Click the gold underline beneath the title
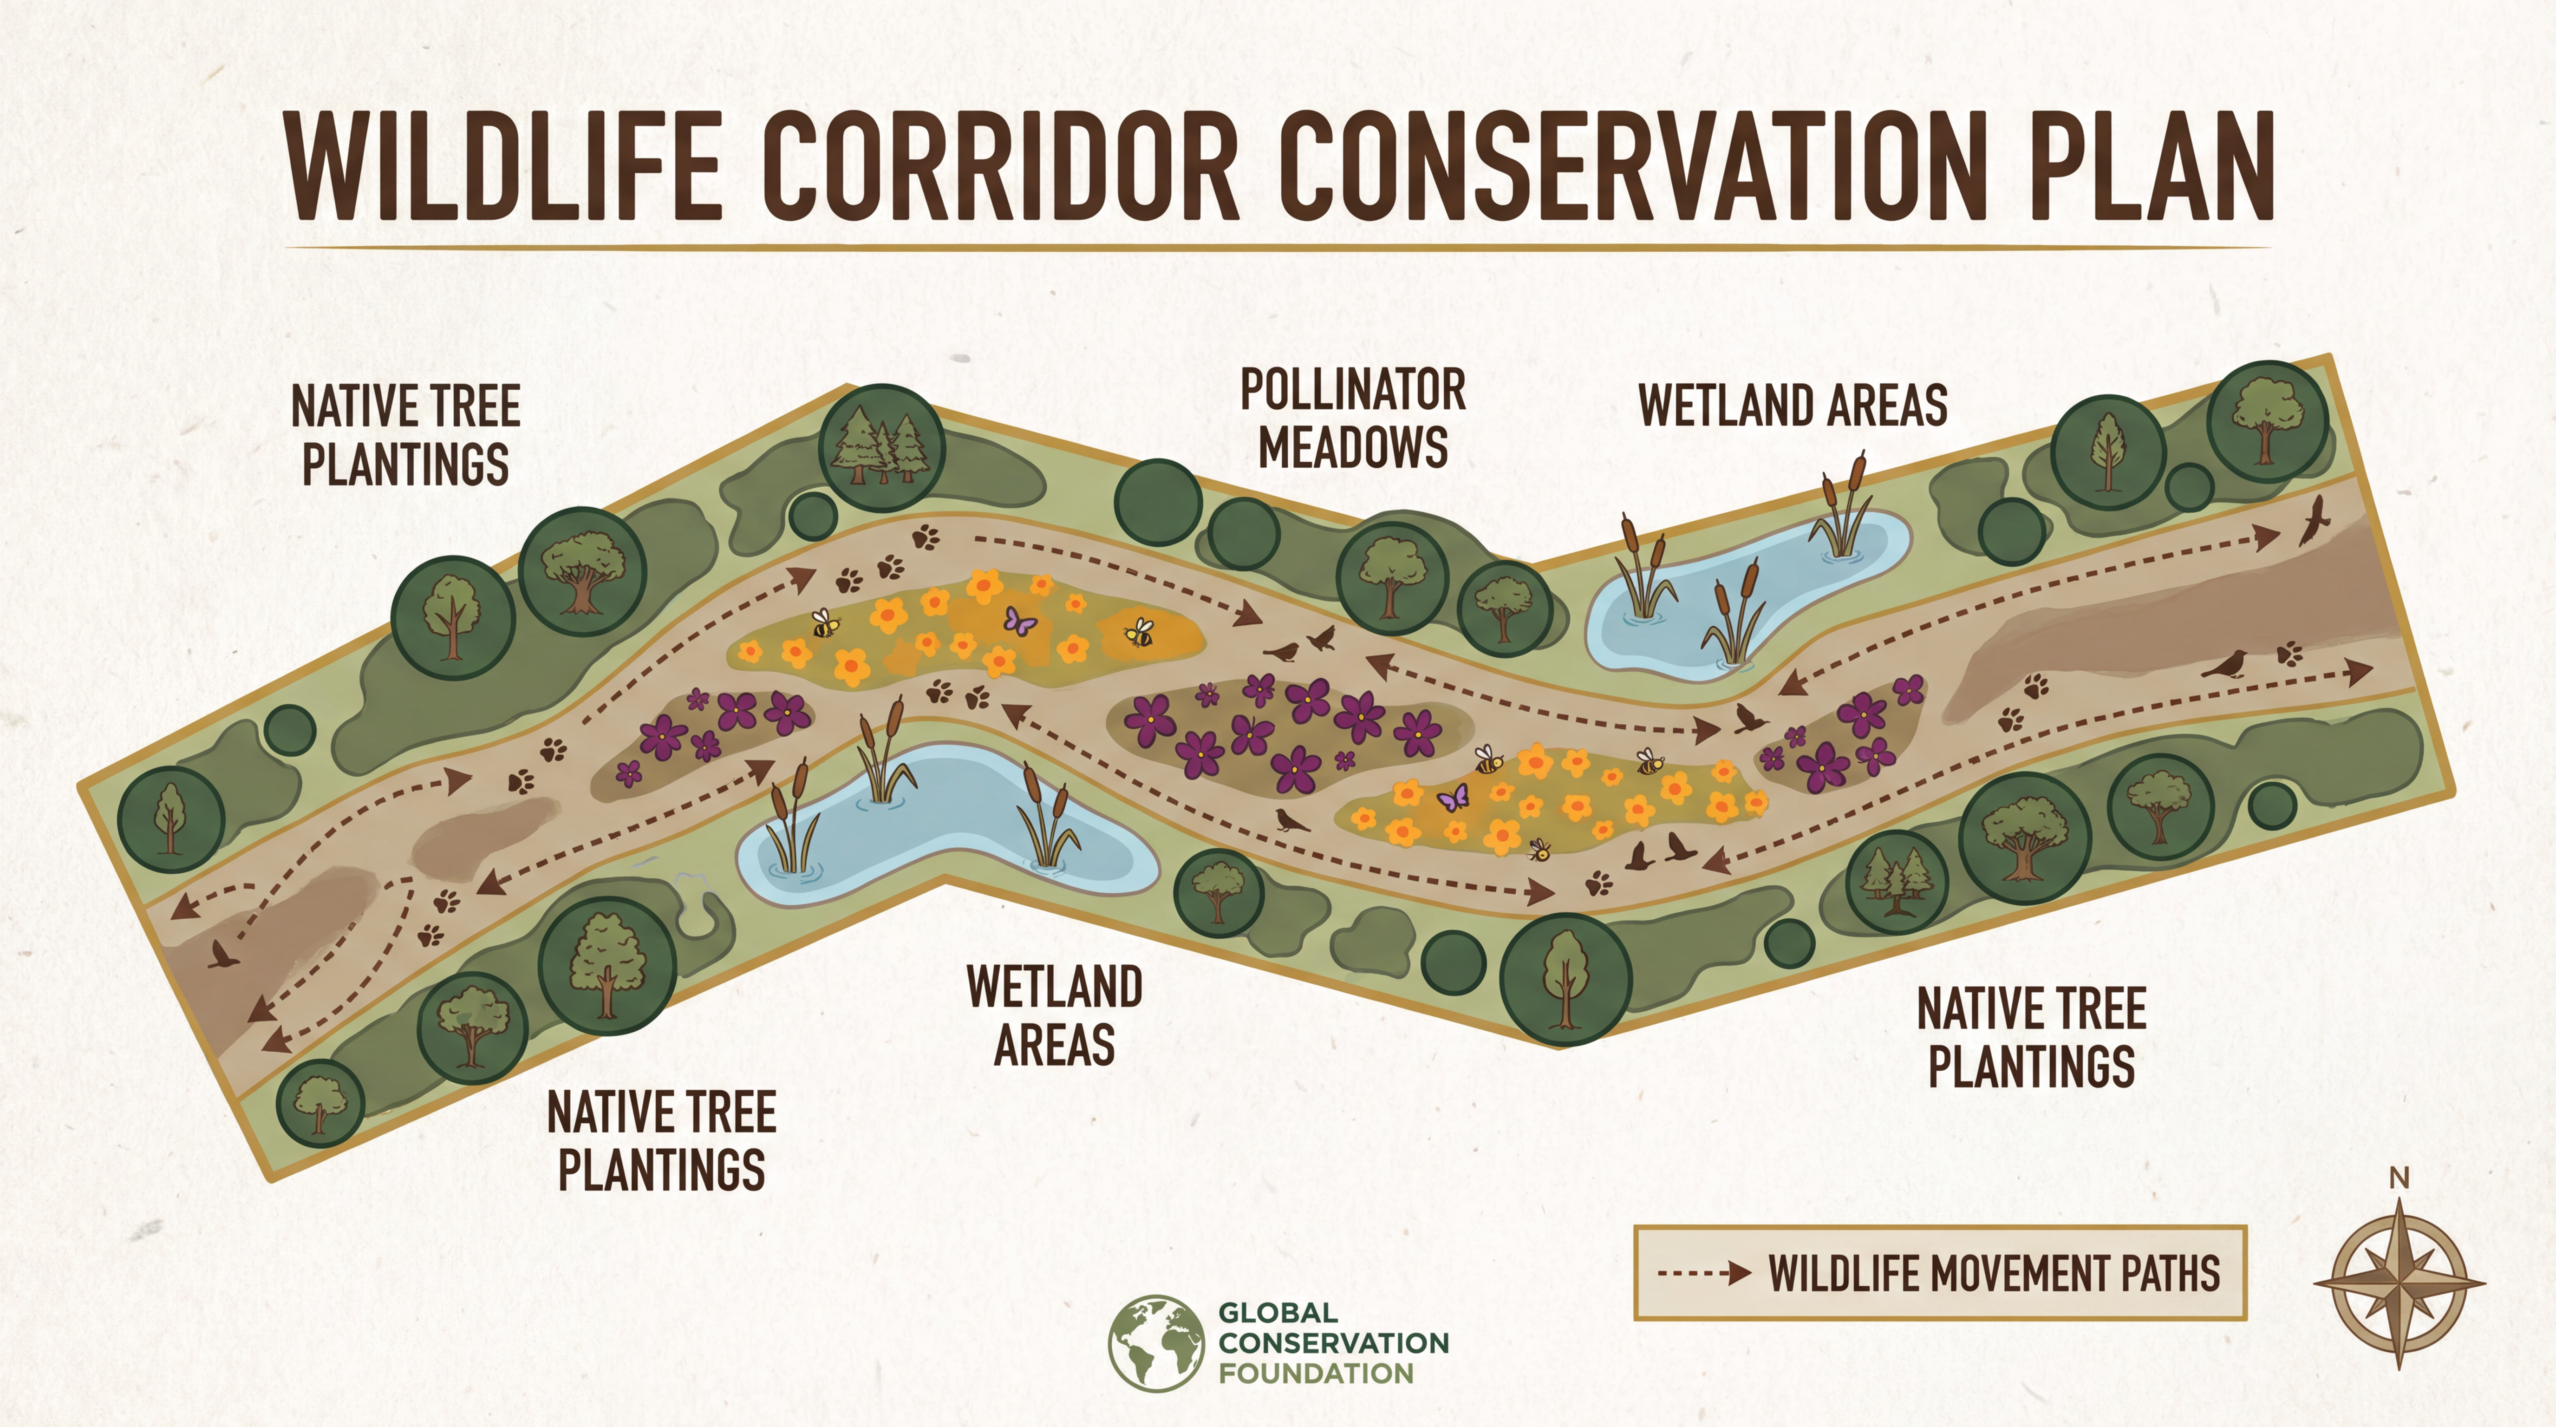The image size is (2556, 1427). (1278, 246)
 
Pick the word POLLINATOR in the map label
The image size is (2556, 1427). (1352, 390)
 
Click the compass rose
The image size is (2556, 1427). (2399, 1283)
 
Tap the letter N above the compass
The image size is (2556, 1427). (2399, 1178)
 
